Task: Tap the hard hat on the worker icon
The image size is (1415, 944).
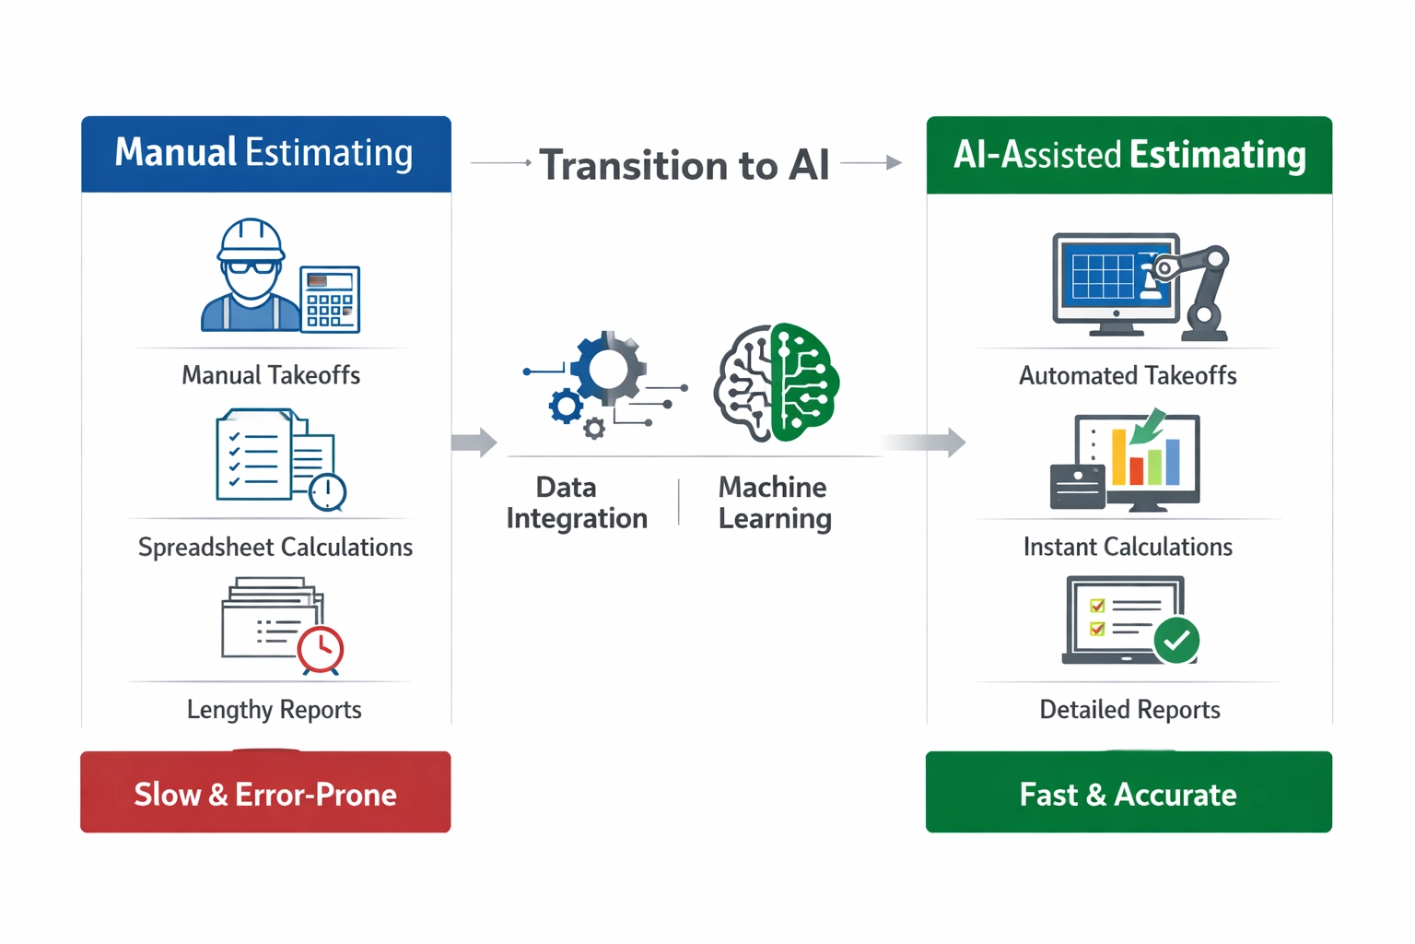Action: coord(251,240)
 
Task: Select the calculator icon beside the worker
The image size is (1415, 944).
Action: coord(330,299)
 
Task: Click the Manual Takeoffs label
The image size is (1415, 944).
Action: coord(271,375)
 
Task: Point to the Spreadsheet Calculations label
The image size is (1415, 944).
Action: coord(275,547)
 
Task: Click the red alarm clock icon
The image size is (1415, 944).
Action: coord(321,650)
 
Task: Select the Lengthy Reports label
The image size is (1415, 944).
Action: coord(275,710)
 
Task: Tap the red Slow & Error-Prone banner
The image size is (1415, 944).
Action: coord(265,792)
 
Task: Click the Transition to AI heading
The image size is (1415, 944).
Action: coord(684,165)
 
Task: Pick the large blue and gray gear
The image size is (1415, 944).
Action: coord(608,369)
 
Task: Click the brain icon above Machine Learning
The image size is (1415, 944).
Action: coord(777,383)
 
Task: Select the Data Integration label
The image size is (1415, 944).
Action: coord(577,502)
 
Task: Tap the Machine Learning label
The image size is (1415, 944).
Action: coord(775,502)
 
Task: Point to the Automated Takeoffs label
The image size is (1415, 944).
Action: coord(1128,375)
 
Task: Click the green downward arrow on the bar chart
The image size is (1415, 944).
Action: coord(1147,427)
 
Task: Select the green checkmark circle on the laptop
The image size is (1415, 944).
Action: coord(1176,641)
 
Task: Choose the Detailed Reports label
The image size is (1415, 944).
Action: coord(1129,710)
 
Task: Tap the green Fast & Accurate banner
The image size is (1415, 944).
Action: coord(1128,792)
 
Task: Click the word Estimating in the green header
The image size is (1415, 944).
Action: coord(1217,154)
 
